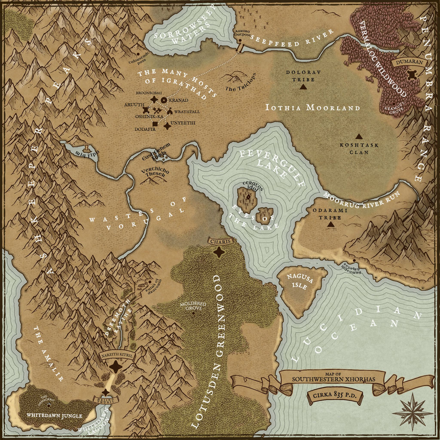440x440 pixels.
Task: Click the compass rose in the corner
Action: [x=412, y=412]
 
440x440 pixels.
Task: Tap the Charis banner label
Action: [x=220, y=241]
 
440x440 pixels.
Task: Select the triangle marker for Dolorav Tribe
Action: [x=303, y=86]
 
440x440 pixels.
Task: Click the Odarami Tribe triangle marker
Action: [x=330, y=224]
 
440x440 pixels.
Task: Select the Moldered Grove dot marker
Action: [x=193, y=313]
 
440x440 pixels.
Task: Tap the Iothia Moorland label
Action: [x=312, y=107]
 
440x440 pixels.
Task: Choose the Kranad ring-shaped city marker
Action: [x=164, y=100]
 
